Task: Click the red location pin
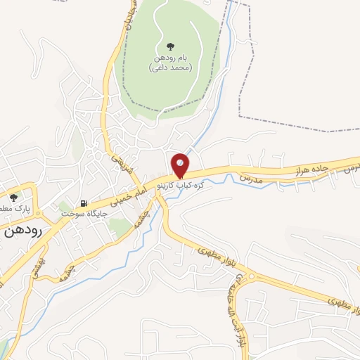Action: [180, 165]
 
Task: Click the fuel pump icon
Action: [84, 203]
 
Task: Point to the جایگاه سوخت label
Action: [84, 212]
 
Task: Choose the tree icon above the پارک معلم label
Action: [13, 198]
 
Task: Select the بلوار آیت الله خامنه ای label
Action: [239, 295]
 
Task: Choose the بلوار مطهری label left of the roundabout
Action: [214, 257]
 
